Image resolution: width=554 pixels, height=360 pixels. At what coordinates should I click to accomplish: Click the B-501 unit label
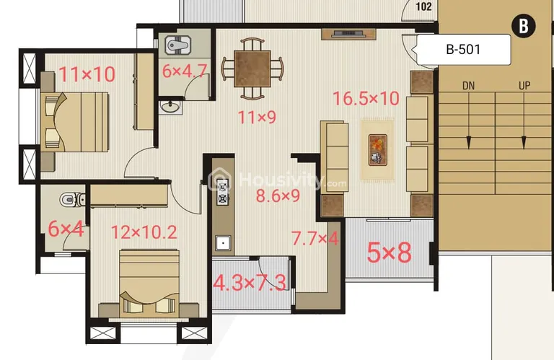pyautogui.click(x=464, y=50)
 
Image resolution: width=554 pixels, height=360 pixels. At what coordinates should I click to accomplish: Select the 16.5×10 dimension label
pyautogui.click(x=366, y=98)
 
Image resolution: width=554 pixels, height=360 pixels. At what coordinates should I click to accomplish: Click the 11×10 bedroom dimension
pyautogui.click(x=87, y=74)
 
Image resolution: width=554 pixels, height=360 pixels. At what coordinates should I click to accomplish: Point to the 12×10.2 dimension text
pyautogui.click(x=144, y=232)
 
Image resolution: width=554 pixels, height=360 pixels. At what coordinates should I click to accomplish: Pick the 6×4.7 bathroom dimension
pyautogui.click(x=185, y=71)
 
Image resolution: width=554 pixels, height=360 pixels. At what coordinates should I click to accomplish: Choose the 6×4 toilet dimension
pyautogui.click(x=66, y=229)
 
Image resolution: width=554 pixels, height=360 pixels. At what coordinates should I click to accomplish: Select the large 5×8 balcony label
pyautogui.click(x=389, y=253)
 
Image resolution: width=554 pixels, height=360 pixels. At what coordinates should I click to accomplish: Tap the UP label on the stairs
pyautogui.click(x=524, y=86)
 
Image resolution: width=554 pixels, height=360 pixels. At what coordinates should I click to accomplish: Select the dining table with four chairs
pyautogui.click(x=252, y=69)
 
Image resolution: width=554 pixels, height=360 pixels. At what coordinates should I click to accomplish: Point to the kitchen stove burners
pyautogui.click(x=222, y=188)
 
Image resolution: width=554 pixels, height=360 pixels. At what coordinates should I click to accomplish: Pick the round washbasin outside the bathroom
pyautogui.click(x=171, y=108)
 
